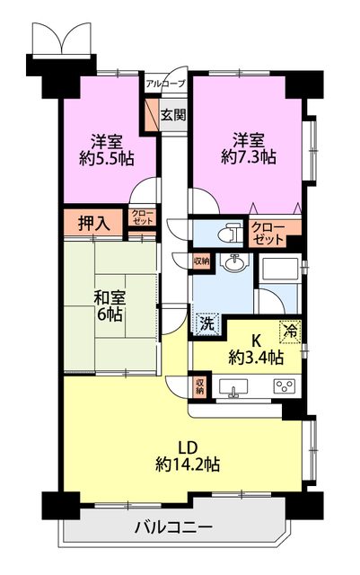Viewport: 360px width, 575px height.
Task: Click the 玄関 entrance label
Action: tap(174, 114)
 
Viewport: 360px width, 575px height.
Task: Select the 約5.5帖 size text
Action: tap(105, 157)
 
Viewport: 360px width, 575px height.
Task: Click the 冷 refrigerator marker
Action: tap(292, 330)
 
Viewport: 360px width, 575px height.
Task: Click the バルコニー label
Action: tap(174, 527)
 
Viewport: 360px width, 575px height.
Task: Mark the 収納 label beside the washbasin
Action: tap(201, 261)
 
